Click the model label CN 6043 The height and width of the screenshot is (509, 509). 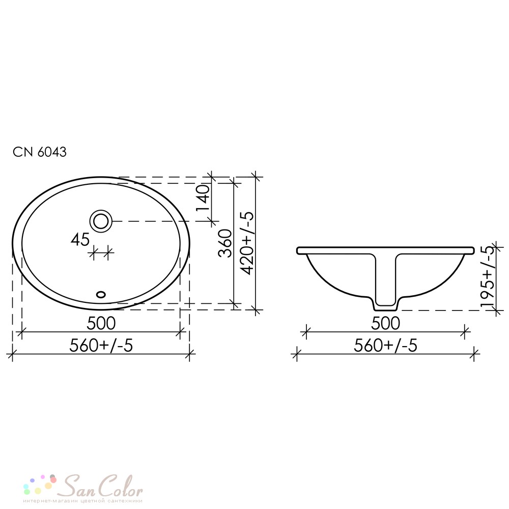coord(40,152)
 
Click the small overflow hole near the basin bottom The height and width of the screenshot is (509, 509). coord(101,294)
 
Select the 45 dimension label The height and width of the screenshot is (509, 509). coord(80,240)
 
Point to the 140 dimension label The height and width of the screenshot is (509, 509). coord(203,198)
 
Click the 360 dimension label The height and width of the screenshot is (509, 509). coord(225,243)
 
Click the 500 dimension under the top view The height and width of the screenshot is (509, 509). coord(101,323)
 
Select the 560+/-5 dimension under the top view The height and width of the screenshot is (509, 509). coord(101,346)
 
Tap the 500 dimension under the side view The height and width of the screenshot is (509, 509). coord(385,323)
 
